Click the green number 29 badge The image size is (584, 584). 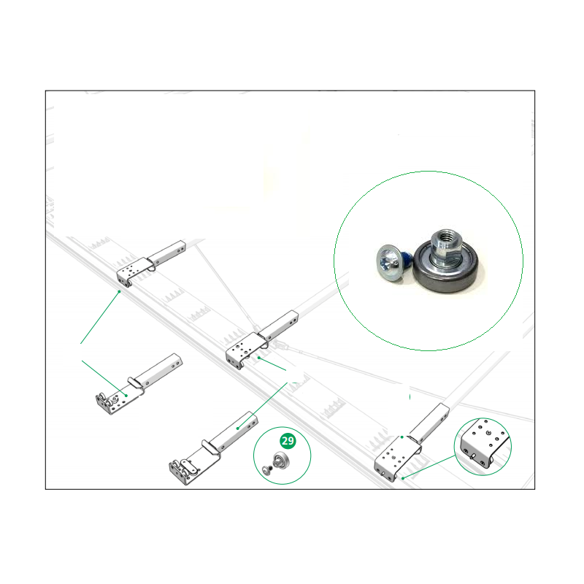coord(288,441)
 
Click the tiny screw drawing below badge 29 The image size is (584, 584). coord(266,471)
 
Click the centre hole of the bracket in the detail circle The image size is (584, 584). coord(488,433)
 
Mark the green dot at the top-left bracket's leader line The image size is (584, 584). coord(119,291)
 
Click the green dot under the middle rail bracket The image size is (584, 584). coord(258,358)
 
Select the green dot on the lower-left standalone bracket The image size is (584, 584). coord(126,396)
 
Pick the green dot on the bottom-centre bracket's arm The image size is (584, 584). coord(238,429)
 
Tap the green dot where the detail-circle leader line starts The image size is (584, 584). coord(403,478)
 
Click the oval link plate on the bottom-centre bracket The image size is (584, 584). coord(188,466)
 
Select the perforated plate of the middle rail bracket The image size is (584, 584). coord(243,350)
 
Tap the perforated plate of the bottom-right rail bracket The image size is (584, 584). coord(393,459)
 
